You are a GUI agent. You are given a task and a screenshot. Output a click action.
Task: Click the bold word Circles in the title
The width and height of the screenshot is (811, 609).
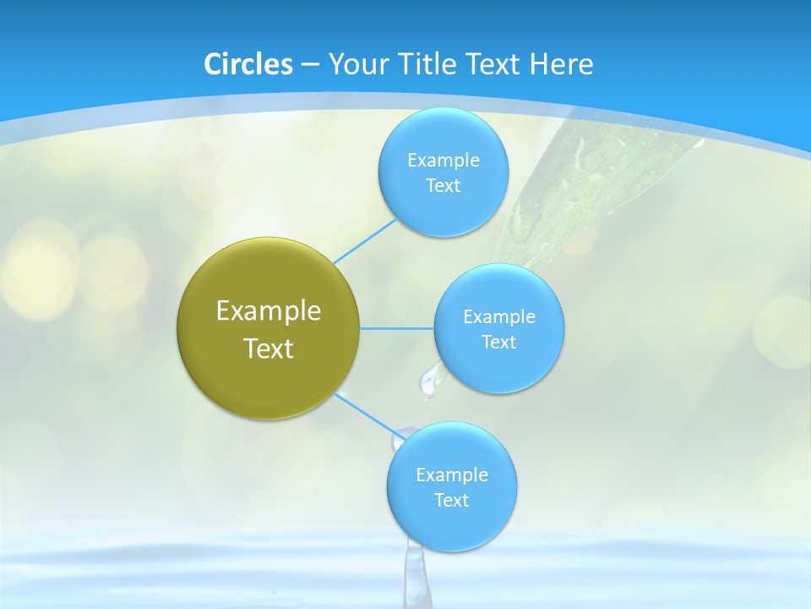248,64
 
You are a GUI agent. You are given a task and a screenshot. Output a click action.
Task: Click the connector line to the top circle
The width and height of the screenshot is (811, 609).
365,242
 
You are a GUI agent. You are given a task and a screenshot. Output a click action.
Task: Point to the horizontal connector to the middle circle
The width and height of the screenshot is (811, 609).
396,328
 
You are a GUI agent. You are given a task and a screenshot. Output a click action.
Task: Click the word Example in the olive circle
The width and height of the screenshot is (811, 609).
269,310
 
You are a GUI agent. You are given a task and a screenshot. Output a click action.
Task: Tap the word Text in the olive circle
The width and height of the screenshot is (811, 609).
269,348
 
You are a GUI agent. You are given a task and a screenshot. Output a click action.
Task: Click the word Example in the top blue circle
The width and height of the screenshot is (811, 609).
443,161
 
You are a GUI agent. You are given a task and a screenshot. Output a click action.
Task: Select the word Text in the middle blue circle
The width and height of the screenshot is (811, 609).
498,342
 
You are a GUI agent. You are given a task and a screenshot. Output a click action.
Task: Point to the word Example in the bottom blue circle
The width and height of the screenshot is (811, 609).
451,475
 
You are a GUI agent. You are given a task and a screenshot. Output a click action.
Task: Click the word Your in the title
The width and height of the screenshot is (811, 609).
351,64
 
